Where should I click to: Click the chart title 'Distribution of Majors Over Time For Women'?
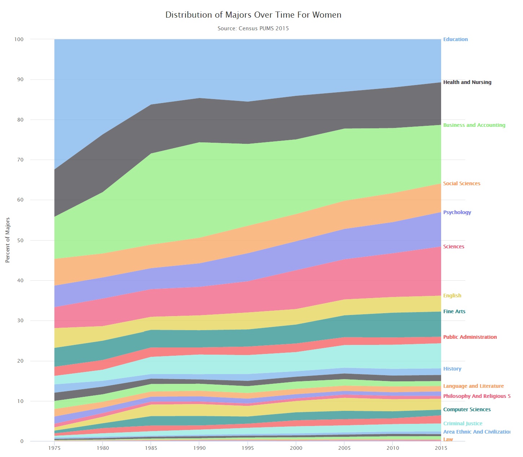pos(253,15)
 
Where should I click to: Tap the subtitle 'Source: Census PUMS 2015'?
pos(253,28)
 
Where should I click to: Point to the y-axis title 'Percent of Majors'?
pos(8,240)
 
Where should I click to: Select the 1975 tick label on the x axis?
pos(54,448)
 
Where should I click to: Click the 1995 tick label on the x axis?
pos(247,448)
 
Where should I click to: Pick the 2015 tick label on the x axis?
pos(441,448)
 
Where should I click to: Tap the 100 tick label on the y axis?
pos(19,39)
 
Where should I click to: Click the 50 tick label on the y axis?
pos(20,240)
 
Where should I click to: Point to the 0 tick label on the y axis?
pos(22,441)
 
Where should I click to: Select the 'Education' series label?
pos(455,39)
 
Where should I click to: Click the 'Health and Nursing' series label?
pos(467,82)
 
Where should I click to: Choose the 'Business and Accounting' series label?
pos(474,125)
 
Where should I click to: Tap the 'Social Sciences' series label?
pos(462,183)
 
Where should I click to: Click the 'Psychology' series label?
pos(457,212)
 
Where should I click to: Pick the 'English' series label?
pos(452,296)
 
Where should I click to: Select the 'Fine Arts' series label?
pos(454,311)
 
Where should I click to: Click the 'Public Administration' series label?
pos(470,337)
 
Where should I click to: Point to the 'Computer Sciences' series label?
pos(467,409)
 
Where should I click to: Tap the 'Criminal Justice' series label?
pos(462,423)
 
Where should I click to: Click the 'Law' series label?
pos(448,439)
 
